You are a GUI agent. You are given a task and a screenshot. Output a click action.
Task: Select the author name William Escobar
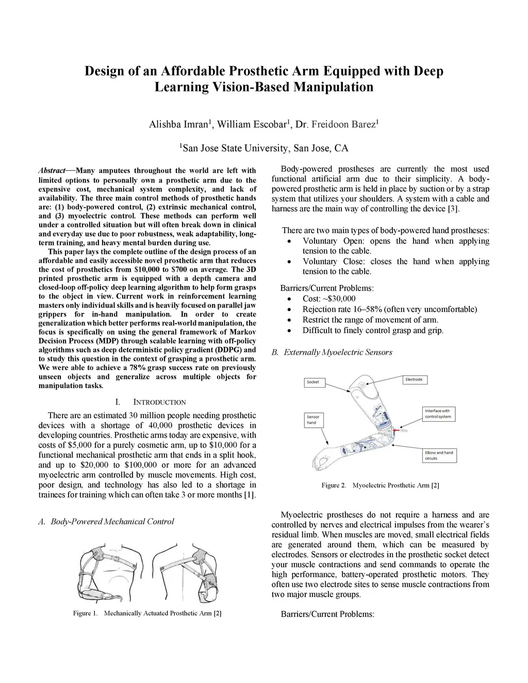(251, 124)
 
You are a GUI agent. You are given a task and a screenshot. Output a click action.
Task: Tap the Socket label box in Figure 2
(315, 382)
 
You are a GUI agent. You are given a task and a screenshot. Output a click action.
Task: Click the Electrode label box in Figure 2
(415, 380)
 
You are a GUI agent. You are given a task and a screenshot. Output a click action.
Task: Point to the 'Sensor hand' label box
(313, 420)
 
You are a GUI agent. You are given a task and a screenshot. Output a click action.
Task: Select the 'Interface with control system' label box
(439, 414)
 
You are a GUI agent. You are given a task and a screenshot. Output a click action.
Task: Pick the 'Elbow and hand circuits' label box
(439, 456)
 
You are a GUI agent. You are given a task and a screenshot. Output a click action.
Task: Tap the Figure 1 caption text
(147, 613)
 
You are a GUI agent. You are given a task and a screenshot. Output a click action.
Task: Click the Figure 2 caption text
(381, 485)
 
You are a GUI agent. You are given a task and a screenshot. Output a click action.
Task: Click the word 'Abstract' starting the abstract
(52, 171)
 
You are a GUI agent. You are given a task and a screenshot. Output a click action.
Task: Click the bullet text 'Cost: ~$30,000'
(329, 298)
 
